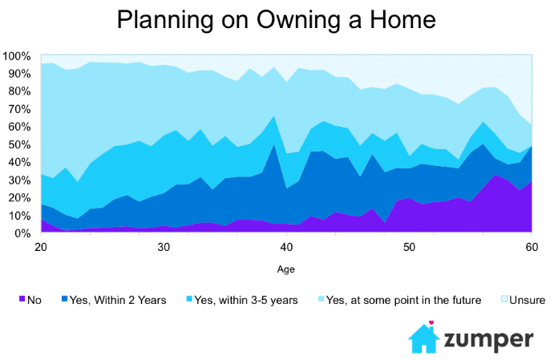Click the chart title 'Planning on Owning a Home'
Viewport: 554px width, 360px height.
(277, 19)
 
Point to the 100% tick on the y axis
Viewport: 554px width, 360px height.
(17, 56)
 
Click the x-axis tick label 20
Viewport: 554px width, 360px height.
(39, 248)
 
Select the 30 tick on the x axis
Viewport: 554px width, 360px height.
(163, 248)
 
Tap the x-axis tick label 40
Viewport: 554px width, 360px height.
(286, 248)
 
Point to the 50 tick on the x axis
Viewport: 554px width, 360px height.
(409, 248)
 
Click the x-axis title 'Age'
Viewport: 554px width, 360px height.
(285, 270)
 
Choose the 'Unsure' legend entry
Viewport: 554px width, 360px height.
(526, 300)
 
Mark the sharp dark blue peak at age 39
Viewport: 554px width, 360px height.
(273, 146)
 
